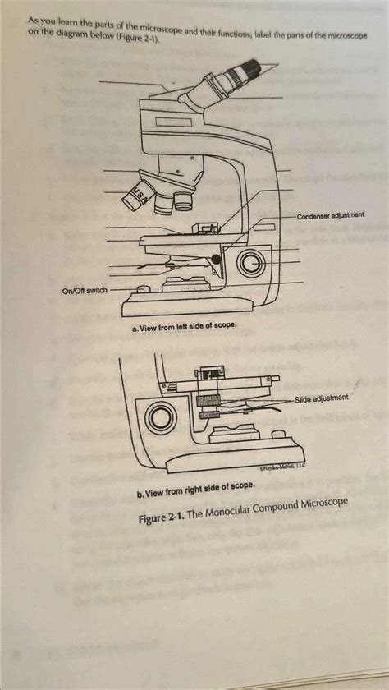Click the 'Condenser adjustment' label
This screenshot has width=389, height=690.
point(331,214)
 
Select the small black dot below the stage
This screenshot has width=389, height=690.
point(216,260)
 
